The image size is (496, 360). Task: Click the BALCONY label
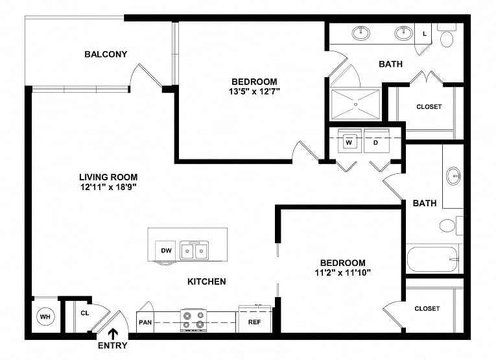(106, 54)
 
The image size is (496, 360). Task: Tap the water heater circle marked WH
(45, 317)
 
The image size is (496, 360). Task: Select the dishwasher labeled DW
(165, 251)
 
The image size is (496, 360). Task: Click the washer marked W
(349, 141)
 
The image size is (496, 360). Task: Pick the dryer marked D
(377, 141)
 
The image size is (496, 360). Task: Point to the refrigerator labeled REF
(255, 320)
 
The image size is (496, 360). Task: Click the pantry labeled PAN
(145, 322)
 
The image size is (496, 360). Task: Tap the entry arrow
(113, 334)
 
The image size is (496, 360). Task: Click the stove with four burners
(193, 320)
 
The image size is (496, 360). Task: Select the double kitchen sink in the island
(195, 250)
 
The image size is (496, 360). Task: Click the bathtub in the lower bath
(432, 259)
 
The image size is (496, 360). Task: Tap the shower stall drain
(355, 104)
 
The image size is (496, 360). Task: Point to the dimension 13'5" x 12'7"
(254, 91)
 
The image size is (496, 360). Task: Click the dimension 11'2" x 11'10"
(342, 272)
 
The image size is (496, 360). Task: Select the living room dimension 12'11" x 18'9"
(108, 187)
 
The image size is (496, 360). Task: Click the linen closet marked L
(425, 34)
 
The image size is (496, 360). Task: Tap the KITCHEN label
(207, 282)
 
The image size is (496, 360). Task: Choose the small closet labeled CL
(85, 313)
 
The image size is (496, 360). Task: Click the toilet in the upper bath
(447, 36)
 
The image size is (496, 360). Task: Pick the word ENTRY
(113, 346)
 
